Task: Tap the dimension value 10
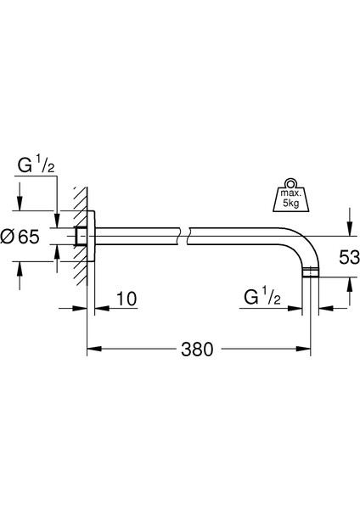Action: point(125,299)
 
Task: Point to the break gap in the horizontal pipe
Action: point(185,235)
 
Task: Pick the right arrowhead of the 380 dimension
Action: point(309,349)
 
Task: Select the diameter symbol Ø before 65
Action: point(8,238)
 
